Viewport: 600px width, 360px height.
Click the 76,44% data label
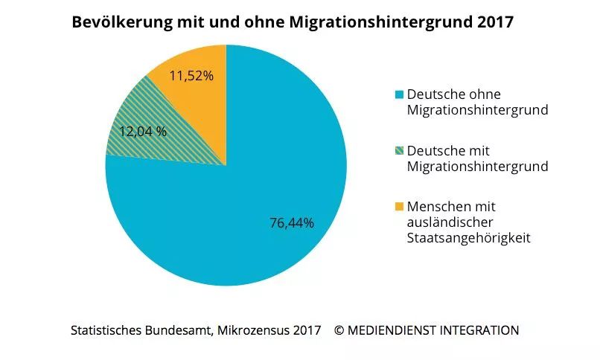click(291, 222)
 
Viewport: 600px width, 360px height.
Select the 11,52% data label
click(191, 75)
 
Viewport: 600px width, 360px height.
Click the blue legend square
click(399, 94)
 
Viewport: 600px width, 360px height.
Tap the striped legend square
click(399, 151)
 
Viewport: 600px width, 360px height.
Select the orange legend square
click(399, 207)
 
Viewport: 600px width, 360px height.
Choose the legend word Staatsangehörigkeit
click(468, 238)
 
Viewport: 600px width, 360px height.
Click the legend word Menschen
click(438, 206)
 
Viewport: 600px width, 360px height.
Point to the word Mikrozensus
click(253, 330)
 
